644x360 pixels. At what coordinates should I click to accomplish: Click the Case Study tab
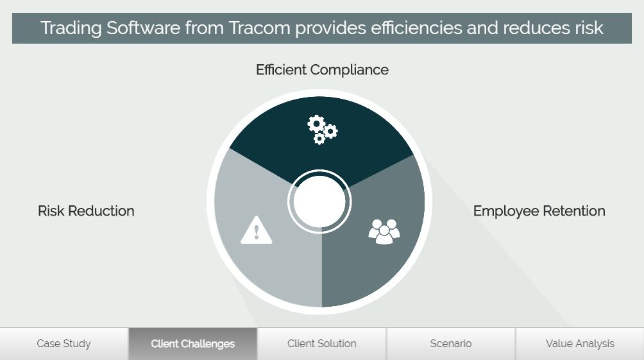[64, 344]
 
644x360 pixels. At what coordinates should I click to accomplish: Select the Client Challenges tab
[193, 344]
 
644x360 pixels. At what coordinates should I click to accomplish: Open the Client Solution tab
[322, 344]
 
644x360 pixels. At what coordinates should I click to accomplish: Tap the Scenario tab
[451, 344]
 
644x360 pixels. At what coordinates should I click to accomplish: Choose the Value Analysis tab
[580, 344]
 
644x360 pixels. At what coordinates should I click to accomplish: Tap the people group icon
[384, 231]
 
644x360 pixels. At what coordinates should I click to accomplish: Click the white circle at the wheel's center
[319, 201]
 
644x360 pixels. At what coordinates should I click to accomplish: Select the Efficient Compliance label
[322, 69]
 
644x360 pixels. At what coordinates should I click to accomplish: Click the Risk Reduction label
[86, 211]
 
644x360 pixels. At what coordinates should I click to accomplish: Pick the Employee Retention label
[539, 211]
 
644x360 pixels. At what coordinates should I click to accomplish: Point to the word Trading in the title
[71, 28]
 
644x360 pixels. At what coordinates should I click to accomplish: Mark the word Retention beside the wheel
[573, 211]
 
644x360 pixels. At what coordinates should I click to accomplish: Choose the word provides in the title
[326, 28]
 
